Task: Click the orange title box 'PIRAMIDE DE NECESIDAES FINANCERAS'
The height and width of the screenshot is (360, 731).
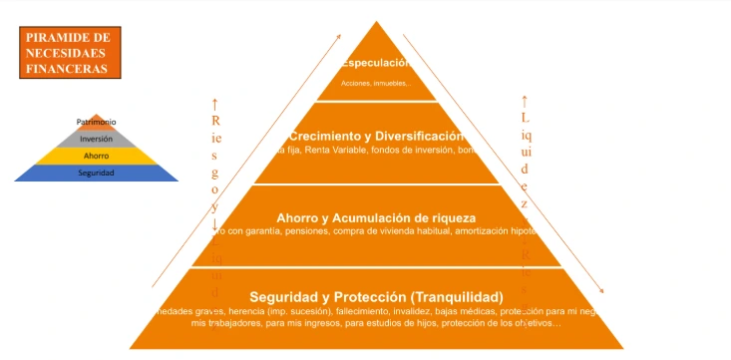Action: tap(69, 53)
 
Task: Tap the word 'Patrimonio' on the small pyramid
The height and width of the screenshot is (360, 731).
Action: tap(96, 122)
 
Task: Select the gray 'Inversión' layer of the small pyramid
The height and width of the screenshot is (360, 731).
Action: tap(96, 139)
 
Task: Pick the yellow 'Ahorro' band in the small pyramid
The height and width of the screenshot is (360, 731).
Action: tap(96, 156)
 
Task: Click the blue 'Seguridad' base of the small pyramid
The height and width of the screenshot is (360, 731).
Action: tap(96, 174)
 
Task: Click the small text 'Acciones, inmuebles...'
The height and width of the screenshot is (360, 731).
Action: tap(375, 83)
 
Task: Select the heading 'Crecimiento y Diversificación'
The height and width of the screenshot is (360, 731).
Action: tap(376, 135)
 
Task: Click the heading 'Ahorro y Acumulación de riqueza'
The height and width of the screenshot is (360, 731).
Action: tap(376, 216)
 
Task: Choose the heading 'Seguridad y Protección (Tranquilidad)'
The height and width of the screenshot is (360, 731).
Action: tap(376, 297)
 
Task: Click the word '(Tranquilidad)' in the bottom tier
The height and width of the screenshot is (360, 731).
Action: tap(456, 297)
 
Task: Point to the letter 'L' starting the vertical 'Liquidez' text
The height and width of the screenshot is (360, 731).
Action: tap(525, 118)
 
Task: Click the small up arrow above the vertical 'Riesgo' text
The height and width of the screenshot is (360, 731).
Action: tap(214, 103)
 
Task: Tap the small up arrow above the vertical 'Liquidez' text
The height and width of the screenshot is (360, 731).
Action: tap(525, 100)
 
